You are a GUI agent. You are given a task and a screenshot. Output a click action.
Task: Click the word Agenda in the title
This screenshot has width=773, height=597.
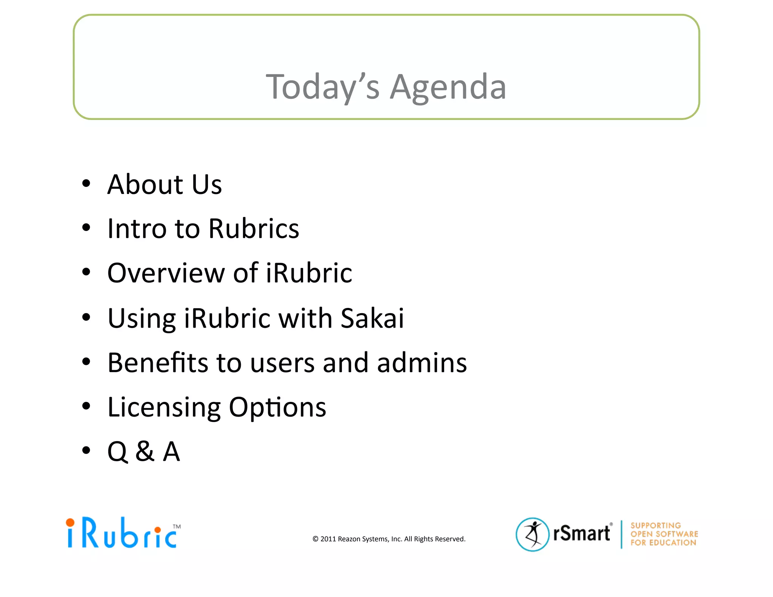pos(448,88)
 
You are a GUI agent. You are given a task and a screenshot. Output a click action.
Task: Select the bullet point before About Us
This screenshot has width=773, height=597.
pos(86,183)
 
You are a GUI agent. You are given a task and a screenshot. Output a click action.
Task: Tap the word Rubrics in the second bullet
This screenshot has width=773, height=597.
pos(254,229)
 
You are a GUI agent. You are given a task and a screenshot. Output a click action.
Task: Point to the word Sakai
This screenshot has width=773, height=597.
pos(372,318)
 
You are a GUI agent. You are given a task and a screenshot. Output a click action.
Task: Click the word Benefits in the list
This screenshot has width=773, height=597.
pos(158,363)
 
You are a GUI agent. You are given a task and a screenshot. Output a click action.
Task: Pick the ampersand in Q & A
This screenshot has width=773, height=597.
pos(145,452)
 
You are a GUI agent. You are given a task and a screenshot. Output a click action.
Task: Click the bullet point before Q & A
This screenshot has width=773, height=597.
pos(86,450)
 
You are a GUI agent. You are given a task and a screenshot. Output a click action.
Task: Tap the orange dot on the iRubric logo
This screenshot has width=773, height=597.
pos(70,523)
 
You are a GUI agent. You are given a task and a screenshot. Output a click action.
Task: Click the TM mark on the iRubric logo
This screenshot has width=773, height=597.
pos(177,526)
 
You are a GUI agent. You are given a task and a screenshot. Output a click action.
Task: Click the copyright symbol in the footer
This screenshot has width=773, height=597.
pos(316,539)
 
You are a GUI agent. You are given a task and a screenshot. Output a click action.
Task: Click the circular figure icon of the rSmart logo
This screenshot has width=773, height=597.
pos(532,534)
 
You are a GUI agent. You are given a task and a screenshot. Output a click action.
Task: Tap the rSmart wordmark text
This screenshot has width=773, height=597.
pos(581,533)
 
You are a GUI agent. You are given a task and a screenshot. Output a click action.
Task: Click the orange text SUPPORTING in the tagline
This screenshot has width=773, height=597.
pos(656,525)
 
